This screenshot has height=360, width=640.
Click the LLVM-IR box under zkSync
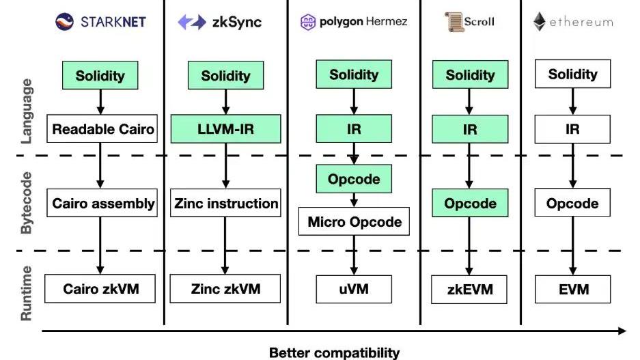225,128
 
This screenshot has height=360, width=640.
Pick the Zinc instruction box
226,203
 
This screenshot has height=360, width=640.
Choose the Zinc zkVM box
225,288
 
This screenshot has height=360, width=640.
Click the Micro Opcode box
354,222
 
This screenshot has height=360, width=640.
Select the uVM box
354,288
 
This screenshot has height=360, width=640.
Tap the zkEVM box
470,289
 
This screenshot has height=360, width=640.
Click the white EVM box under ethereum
572,289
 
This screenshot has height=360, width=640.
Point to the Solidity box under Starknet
101,75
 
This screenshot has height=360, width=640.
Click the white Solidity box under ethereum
572,74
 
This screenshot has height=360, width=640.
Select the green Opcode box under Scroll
470,203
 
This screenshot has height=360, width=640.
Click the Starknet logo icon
65,22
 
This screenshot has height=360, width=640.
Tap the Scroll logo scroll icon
454,22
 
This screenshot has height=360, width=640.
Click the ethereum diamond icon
540,22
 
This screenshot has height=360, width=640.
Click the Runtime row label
27,294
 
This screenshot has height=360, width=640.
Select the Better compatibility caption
334,352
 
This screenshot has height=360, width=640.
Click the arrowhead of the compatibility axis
622,331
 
